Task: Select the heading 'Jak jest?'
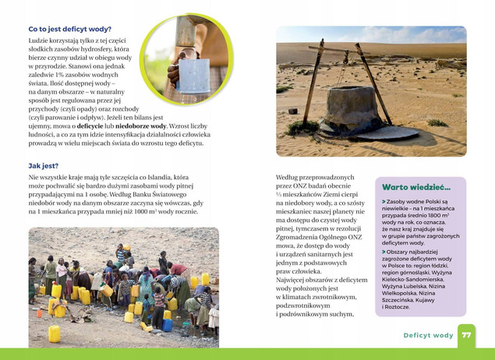click(x=44, y=166)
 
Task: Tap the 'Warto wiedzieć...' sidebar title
click(x=416, y=188)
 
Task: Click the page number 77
click(x=466, y=335)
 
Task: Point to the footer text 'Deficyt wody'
click(x=428, y=336)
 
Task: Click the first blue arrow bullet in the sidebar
click(x=384, y=201)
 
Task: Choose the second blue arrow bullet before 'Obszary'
click(x=384, y=252)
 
